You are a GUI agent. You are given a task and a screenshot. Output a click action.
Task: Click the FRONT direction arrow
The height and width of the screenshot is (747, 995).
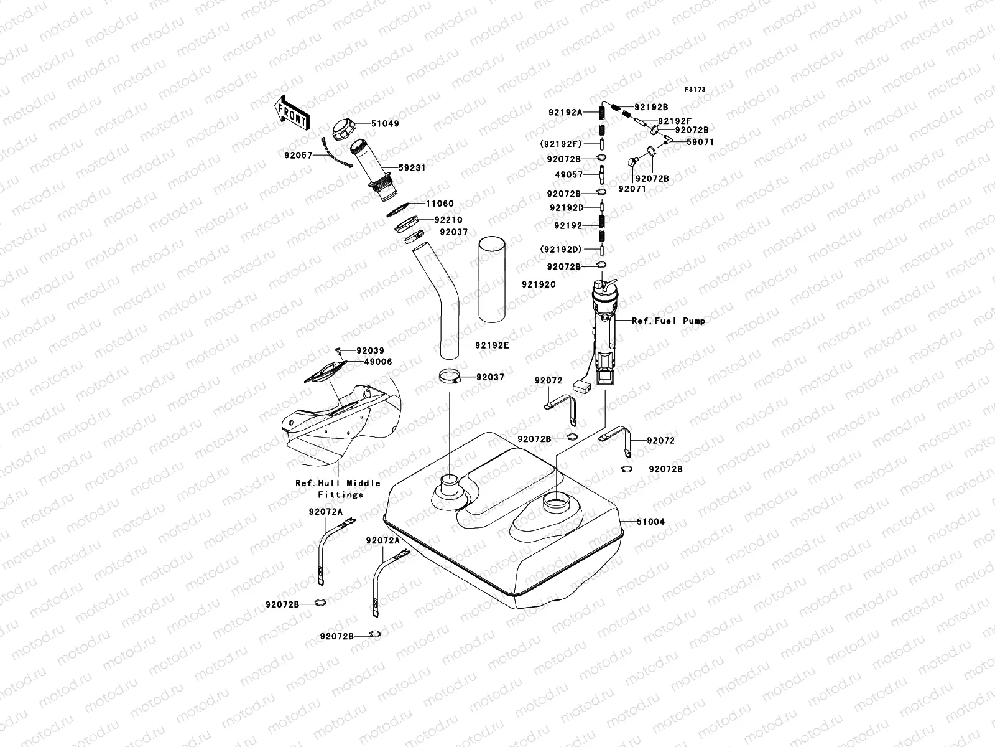(292, 113)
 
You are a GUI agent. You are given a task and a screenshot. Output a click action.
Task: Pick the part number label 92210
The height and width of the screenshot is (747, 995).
(448, 220)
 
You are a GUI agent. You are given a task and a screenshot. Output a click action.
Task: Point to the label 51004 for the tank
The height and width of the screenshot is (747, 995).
(650, 522)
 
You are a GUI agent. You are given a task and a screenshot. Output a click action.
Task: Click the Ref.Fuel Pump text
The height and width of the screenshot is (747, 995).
(669, 321)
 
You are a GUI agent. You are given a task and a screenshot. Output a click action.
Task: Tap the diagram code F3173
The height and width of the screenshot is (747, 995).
(695, 90)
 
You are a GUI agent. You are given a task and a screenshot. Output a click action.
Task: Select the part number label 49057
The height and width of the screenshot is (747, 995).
(569, 176)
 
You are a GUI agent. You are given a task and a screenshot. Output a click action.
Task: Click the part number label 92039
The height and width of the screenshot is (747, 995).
(370, 350)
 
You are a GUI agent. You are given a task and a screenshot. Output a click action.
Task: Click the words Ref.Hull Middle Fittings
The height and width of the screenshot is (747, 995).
(338, 489)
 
